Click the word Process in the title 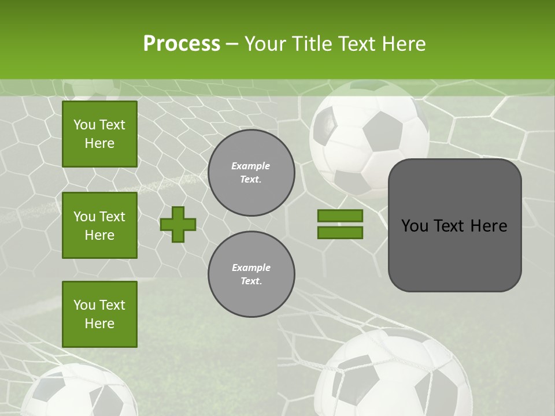tap(182, 44)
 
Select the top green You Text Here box tap(99, 134)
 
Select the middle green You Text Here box tap(99, 225)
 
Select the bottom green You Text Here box tap(99, 314)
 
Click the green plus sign tap(178, 224)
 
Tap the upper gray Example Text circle tap(251, 173)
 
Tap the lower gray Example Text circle tap(251, 274)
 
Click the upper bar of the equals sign tap(340, 216)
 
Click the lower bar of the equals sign tap(340, 232)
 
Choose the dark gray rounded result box tap(454, 225)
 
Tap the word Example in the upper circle tap(251, 166)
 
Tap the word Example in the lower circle tap(251, 268)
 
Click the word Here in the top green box tap(99, 143)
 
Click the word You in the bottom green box tap(84, 305)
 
